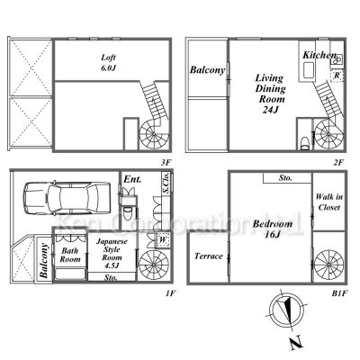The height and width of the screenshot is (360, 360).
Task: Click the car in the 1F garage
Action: tap(67, 198)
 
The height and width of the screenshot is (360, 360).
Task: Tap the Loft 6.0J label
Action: tap(108, 62)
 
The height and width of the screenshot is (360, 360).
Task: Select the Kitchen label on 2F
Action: tap(319, 55)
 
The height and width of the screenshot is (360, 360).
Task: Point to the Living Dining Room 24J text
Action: tap(270, 94)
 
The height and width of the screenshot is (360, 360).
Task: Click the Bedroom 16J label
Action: tap(273, 229)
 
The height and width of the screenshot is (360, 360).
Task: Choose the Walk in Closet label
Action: tap(329, 202)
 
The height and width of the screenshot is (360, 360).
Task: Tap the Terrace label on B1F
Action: tap(209, 256)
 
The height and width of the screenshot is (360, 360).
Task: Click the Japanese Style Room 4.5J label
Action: tap(112, 253)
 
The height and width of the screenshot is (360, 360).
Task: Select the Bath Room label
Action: tap(70, 255)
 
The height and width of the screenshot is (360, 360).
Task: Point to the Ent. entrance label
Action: tap(132, 179)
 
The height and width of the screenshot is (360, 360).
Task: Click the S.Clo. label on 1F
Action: tap(166, 184)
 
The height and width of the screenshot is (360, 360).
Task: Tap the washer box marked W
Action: tap(162, 239)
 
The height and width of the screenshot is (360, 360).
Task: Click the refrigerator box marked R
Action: tap(337, 75)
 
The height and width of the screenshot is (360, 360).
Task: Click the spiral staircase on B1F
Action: tap(329, 265)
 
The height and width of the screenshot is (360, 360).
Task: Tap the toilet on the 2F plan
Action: tap(304, 143)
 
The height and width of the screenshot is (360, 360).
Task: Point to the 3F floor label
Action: tap(166, 162)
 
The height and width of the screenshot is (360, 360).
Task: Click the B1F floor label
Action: tap(339, 292)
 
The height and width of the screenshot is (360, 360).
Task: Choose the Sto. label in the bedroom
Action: tap(285, 178)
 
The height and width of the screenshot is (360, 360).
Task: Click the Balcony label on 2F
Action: tap(208, 70)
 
